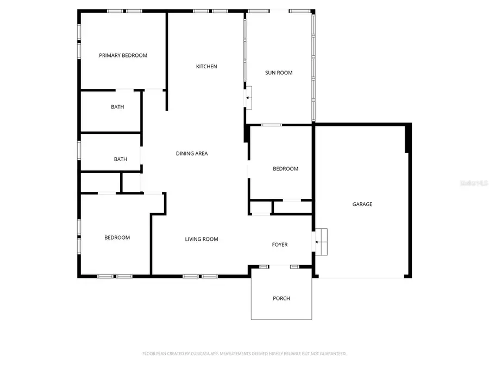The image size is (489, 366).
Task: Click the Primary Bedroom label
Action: (x=123, y=55)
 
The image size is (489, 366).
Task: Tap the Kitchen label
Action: (x=206, y=67)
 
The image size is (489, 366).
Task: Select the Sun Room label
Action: (x=279, y=73)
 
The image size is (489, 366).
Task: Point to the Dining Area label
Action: (x=192, y=153)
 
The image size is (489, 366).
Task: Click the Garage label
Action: (x=362, y=204)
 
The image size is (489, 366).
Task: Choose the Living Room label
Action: (x=201, y=239)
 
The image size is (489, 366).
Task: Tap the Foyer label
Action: (x=280, y=245)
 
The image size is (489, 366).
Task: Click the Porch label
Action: (x=281, y=298)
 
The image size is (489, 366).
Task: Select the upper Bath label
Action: (x=117, y=107)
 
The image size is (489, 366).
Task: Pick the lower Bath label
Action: (x=121, y=159)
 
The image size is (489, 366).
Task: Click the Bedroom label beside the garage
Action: (x=285, y=169)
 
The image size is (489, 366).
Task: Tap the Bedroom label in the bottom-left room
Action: (x=117, y=237)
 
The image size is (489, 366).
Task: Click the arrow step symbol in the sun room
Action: (x=248, y=98)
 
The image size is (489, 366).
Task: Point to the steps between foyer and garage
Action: (x=321, y=242)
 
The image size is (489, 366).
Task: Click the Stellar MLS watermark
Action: (x=474, y=184)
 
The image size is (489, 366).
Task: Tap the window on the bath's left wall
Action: (x=79, y=150)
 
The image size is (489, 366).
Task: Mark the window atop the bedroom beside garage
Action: (x=272, y=125)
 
